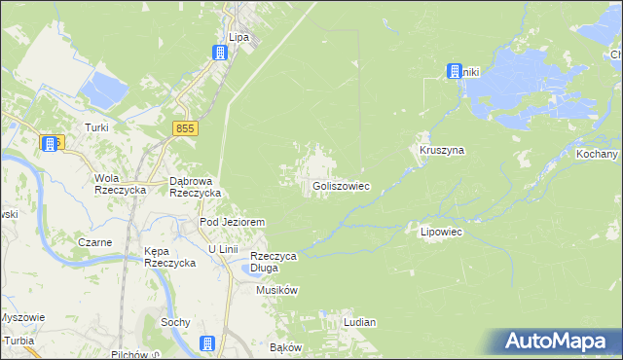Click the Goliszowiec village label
tap(341, 185)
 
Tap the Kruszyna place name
tap(442, 151)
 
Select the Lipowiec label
tap(440, 233)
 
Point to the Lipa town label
tap(238, 37)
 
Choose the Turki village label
tap(95, 127)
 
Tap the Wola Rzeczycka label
tap(119, 184)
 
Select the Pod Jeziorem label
tap(233, 222)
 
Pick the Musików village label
tap(276, 290)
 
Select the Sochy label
tap(175, 321)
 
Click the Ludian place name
tap(359, 321)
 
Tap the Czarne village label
tap(96, 242)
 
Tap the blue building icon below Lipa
tap(221, 54)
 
